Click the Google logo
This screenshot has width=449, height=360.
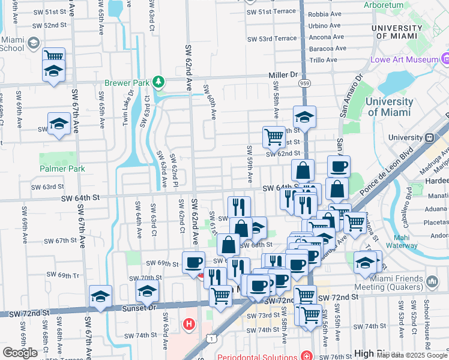point(20,353)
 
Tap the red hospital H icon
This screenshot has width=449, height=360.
point(189,325)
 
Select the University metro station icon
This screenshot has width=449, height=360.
point(430,137)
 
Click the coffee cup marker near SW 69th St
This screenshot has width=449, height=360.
point(193,262)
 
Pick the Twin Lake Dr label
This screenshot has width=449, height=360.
point(126,108)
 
